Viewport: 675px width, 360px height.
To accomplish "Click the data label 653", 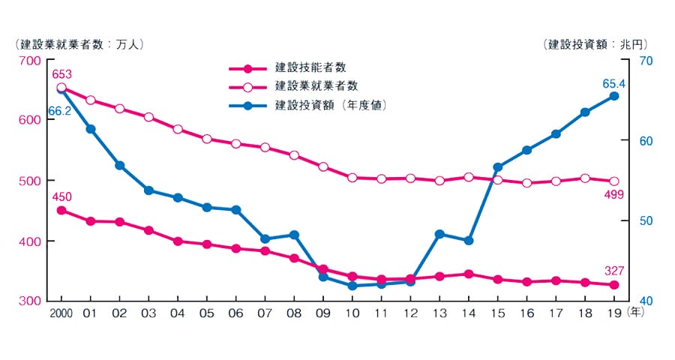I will [x=61, y=73].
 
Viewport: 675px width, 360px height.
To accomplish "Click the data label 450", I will [x=61, y=196].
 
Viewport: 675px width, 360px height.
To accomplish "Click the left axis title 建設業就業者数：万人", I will [x=79, y=43].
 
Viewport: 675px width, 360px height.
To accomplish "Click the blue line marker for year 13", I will [x=439, y=234].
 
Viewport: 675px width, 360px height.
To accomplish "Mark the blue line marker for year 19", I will [x=613, y=96].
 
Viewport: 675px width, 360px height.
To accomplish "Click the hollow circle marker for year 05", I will [x=207, y=139].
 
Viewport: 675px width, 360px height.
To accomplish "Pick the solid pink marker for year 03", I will [x=148, y=230].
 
